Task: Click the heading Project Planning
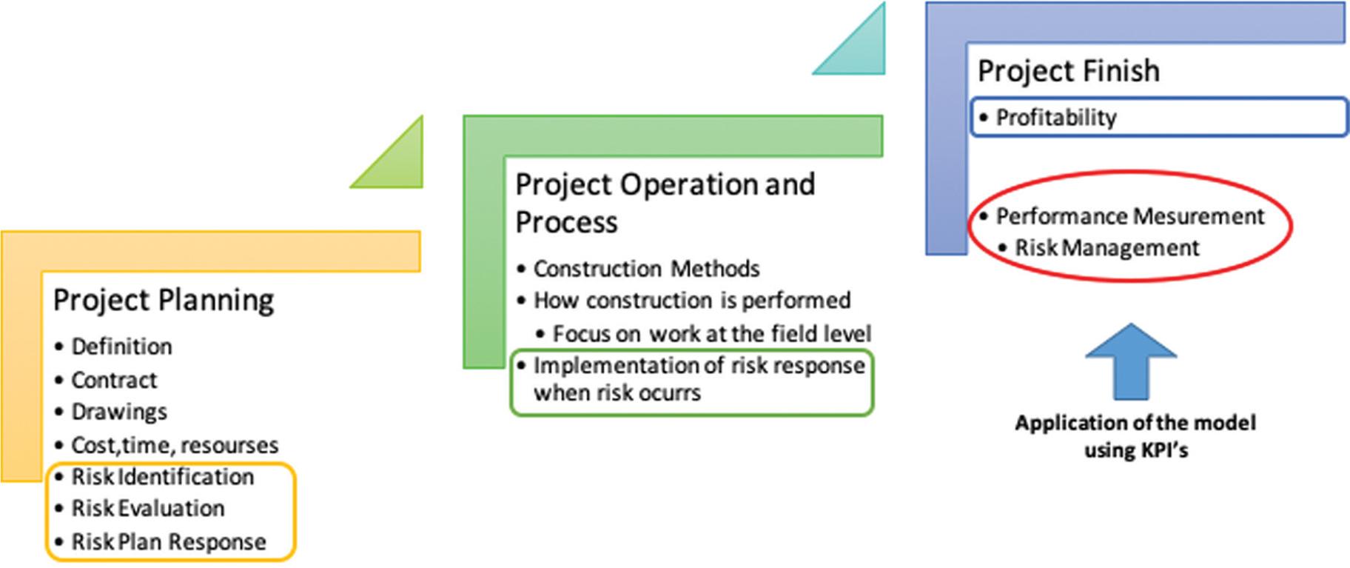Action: (164, 301)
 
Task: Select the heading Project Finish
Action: (1069, 71)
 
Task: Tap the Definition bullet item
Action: (121, 347)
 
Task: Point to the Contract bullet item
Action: (114, 380)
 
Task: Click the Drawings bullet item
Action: (119, 412)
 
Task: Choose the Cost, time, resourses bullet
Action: (175, 445)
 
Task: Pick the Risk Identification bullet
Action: (162, 477)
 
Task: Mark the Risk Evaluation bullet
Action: (147, 509)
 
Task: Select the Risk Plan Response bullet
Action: (168, 542)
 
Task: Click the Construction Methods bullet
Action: (646, 268)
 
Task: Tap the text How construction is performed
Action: (692, 301)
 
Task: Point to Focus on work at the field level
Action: (712, 334)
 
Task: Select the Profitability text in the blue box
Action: (1056, 118)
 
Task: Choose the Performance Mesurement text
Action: (1130, 216)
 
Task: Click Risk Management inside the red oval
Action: (1106, 247)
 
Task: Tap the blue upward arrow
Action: (1131, 361)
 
